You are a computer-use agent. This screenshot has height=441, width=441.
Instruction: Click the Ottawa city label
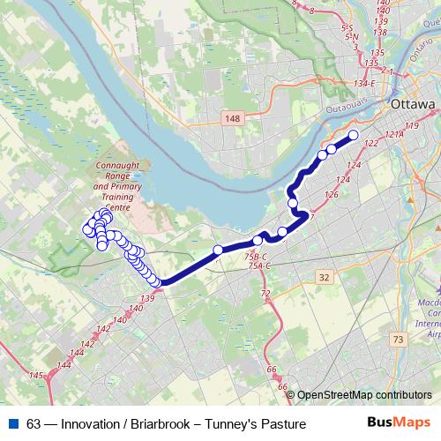(x=414, y=104)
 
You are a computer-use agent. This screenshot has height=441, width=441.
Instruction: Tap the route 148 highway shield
(x=233, y=118)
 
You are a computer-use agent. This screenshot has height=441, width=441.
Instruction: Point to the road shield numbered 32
(x=325, y=277)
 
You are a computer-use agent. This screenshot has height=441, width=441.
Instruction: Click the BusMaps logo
(x=398, y=424)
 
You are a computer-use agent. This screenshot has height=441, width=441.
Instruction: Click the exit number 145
(x=36, y=376)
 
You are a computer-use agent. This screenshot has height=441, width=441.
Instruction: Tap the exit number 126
(x=332, y=194)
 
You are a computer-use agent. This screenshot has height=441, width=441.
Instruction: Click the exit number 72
(x=265, y=292)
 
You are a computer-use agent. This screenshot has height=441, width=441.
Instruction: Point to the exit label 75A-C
(x=258, y=265)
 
